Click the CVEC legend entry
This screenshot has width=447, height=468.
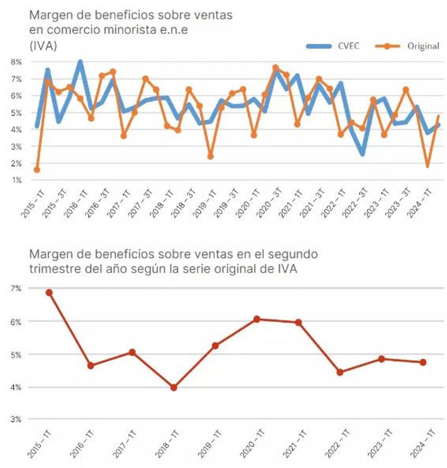click(x=348, y=46)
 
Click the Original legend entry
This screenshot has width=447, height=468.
click(x=423, y=46)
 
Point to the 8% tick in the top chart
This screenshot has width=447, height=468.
click(x=16, y=62)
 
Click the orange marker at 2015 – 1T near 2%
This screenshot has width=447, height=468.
click(x=37, y=170)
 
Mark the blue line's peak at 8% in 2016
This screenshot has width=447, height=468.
click(x=80, y=62)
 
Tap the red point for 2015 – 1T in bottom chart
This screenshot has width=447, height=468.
click(x=49, y=293)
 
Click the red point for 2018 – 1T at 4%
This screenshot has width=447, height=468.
click(x=174, y=388)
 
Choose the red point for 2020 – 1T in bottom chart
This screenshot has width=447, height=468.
click(x=257, y=319)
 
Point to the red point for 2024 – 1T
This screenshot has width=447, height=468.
click(x=423, y=362)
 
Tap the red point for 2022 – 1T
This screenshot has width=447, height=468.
click(x=340, y=372)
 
